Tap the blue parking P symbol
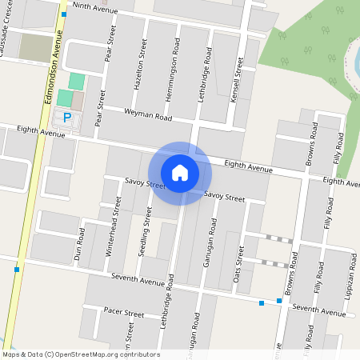pos(67,118)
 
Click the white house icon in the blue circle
pos(180,172)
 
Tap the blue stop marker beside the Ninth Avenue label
pos(63,14)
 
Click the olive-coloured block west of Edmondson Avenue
pos(35,48)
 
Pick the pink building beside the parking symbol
pos(78,101)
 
